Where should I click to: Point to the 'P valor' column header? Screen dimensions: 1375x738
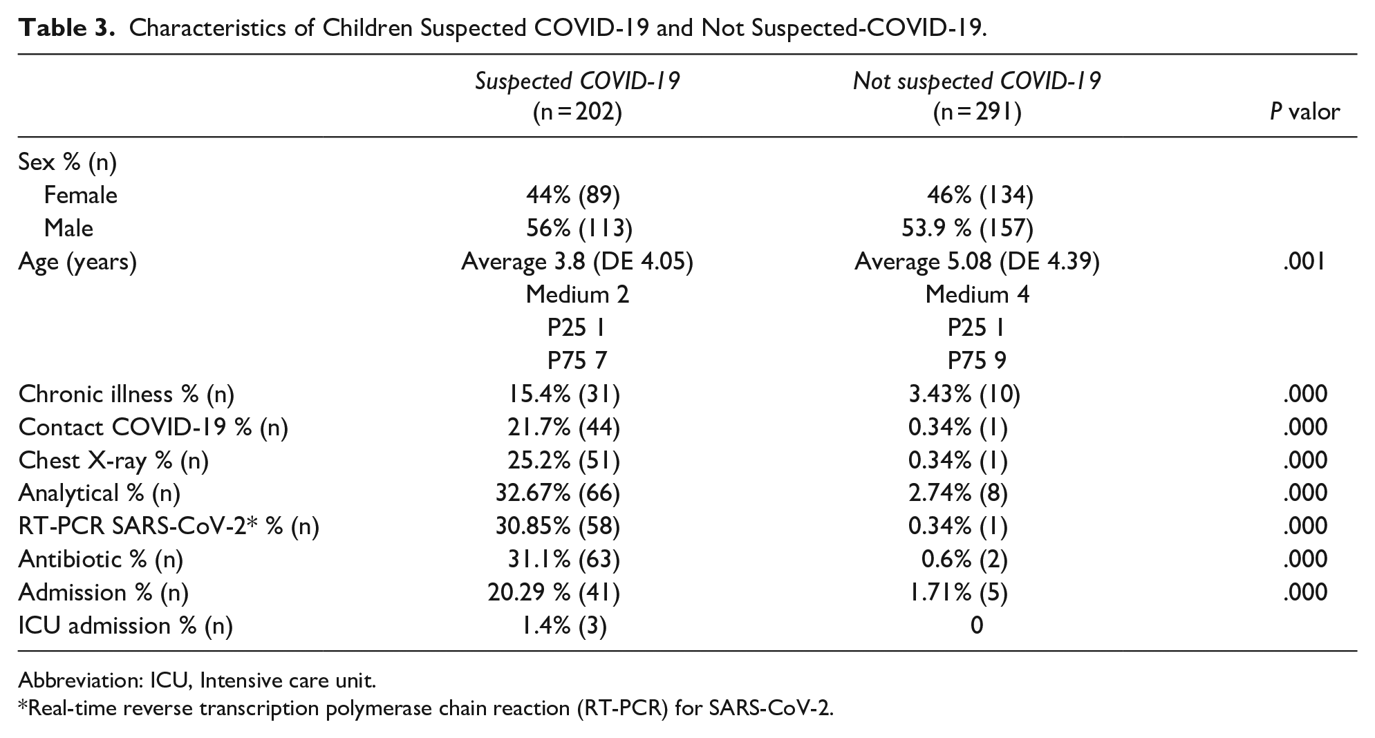tap(1304, 111)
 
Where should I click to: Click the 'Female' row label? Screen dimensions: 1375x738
tap(80, 196)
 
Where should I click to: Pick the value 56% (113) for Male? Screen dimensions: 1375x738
tap(579, 229)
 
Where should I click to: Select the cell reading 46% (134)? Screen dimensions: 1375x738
tap(980, 196)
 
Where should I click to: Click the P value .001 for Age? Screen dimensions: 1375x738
tap(1305, 262)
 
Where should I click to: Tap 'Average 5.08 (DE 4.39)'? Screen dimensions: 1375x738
tap(977, 262)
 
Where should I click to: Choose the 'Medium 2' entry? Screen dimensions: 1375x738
tap(577, 295)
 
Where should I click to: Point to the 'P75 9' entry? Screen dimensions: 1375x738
tap(977, 361)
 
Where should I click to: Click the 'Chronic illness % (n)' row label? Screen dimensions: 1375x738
tap(127, 395)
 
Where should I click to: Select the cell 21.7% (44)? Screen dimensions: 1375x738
tap(563, 428)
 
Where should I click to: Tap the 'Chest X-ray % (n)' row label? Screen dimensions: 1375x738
tap(113, 460)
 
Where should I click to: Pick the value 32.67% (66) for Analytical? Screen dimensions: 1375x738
tap(558, 493)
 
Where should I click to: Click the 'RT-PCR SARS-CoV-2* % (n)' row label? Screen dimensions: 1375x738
tap(169, 527)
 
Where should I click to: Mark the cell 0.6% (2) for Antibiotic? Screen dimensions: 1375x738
tap(964, 560)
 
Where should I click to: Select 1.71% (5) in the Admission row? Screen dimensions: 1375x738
tap(958, 593)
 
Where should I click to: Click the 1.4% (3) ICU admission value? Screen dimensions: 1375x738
tap(563, 626)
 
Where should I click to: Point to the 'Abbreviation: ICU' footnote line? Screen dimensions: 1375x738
tap(197, 681)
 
